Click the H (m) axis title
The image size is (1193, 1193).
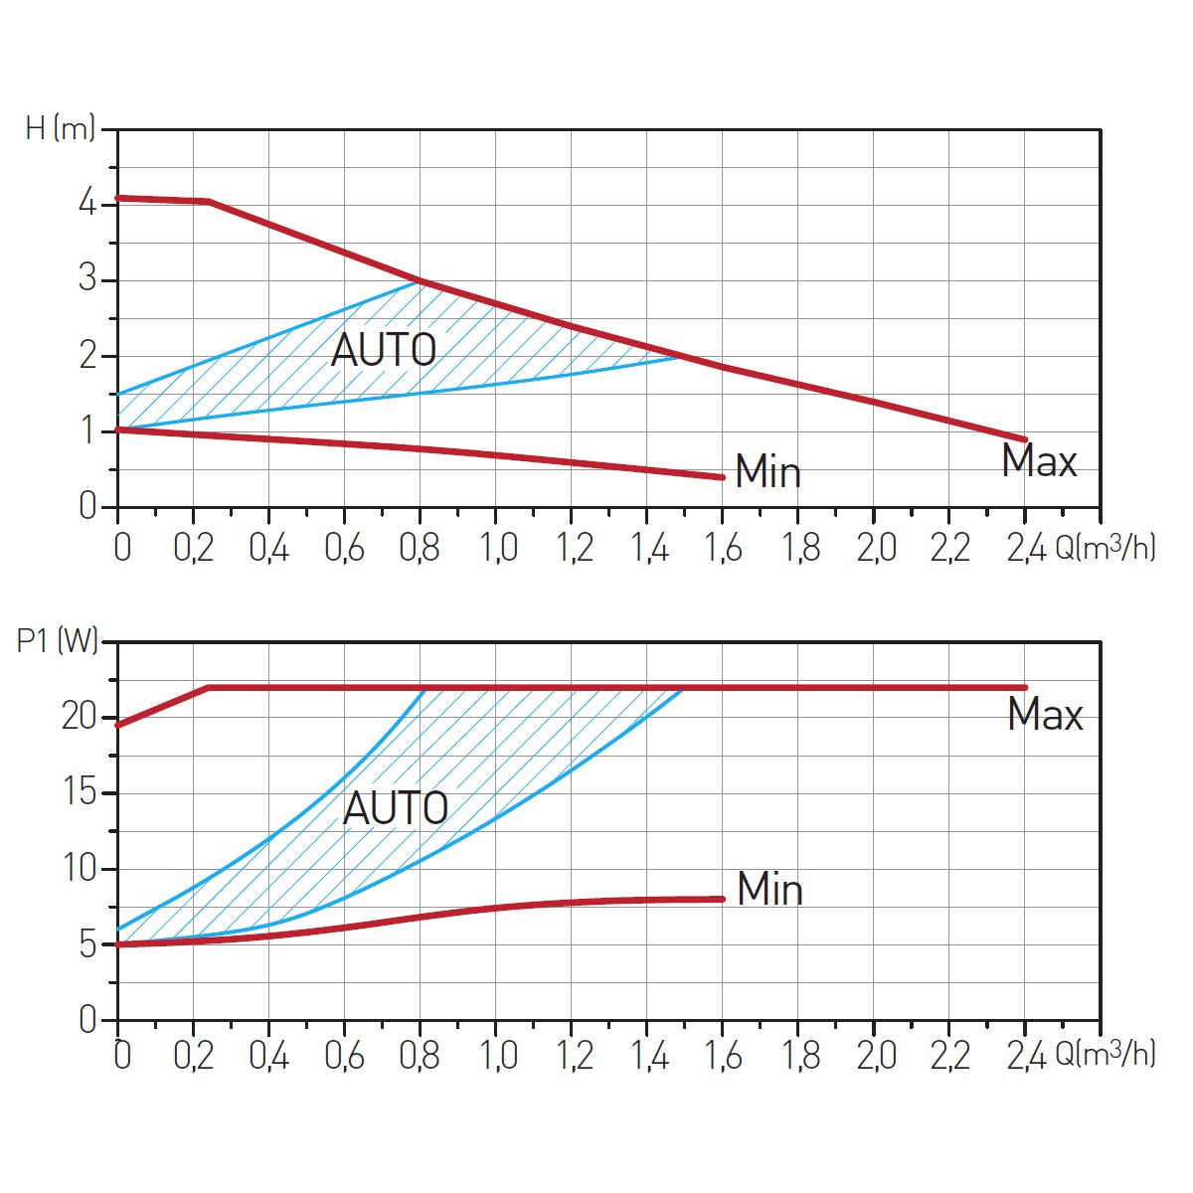pyautogui.click(x=60, y=128)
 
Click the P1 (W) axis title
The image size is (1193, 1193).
pyautogui.click(x=58, y=640)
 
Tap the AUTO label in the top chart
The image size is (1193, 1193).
pyautogui.click(x=384, y=350)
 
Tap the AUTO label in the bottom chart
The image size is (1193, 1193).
pyautogui.click(x=396, y=808)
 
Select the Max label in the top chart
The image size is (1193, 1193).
pyautogui.click(x=1039, y=462)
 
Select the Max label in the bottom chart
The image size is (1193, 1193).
pyautogui.click(x=1045, y=715)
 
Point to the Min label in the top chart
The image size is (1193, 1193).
pyautogui.click(x=767, y=472)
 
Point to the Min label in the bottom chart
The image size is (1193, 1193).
pyautogui.click(x=769, y=889)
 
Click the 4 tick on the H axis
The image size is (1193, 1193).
pyautogui.click(x=87, y=205)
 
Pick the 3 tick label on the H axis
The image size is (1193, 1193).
pyautogui.click(x=87, y=279)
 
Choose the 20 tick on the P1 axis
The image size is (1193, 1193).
pyautogui.click(x=79, y=717)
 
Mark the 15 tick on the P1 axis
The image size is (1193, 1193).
pyautogui.click(x=79, y=792)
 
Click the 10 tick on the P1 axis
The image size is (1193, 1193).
pyautogui.click(x=79, y=868)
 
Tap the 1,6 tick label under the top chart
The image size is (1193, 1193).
pyautogui.click(x=723, y=548)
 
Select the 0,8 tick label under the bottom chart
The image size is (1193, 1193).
pyautogui.click(x=420, y=1055)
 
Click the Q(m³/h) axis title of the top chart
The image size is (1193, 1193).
pyautogui.click(x=1105, y=548)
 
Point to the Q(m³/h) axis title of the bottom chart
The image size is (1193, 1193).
pyautogui.click(x=1105, y=1055)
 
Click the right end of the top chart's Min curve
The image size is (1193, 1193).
pyautogui.click(x=722, y=477)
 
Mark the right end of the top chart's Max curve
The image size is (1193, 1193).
pyautogui.click(x=1024, y=439)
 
